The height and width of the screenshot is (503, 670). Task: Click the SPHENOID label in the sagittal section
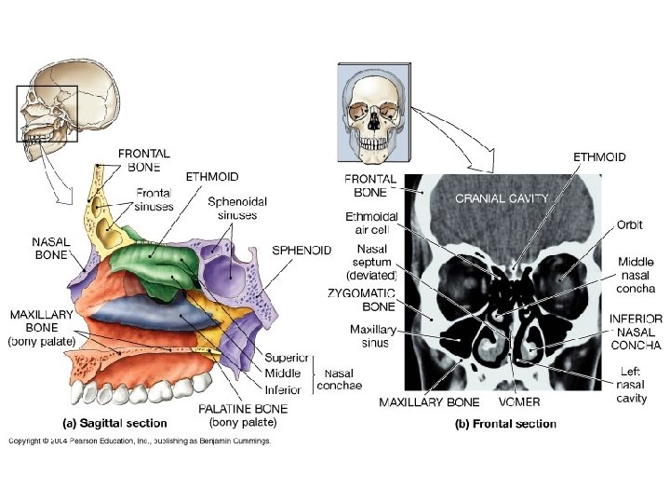click(301, 250)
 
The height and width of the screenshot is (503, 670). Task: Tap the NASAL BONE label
click(50, 247)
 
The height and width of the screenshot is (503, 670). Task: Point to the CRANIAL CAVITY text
click(502, 197)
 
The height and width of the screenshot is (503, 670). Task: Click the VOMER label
click(518, 402)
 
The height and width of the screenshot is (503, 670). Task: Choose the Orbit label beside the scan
click(629, 224)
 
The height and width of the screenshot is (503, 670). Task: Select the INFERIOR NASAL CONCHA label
click(636, 332)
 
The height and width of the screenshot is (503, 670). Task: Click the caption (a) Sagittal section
click(114, 424)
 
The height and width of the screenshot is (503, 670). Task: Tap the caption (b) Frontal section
click(505, 424)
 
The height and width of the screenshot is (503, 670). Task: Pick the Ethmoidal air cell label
click(371, 224)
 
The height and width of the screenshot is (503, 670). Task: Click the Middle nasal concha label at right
click(636, 275)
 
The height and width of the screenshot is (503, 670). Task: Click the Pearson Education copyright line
click(140, 441)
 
